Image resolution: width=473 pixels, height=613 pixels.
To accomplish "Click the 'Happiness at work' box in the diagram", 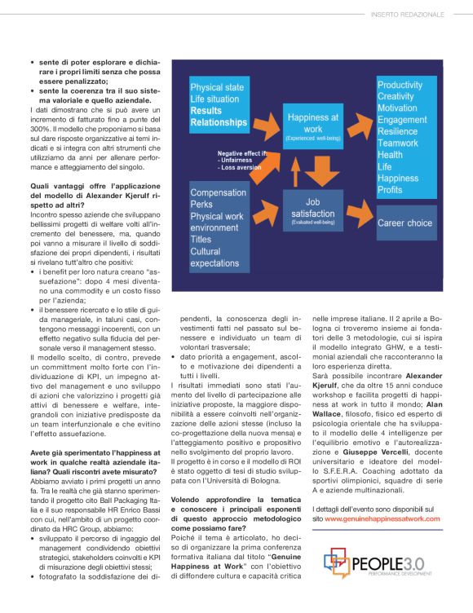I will pyautogui.click(x=312, y=126).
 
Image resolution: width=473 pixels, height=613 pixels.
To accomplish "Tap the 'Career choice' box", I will pyautogui.click(x=404, y=223).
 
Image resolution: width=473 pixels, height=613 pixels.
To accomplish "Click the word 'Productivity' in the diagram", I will pyautogui.click(x=400, y=85).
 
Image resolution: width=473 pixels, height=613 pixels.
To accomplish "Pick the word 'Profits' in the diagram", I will pyautogui.click(x=390, y=190).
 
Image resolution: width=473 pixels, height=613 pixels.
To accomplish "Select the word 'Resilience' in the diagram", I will pyautogui.click(x=398, y=131).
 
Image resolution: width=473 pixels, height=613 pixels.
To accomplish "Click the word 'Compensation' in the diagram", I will pyautogui.click(x=219, y=192).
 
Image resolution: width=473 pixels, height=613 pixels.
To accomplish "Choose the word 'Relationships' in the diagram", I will pyautogui.click(x=219, y=122).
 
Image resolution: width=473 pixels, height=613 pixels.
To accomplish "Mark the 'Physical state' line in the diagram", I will pyautogui.click(x=217, y=87).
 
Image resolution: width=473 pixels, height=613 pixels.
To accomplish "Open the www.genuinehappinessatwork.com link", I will pyautogui.click(x=383, y=518).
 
